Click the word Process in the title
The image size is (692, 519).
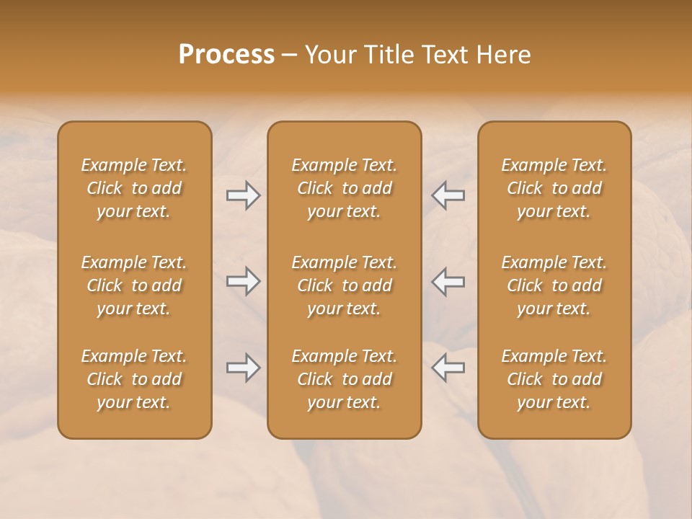click(x=226, y=55)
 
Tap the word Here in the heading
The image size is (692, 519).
click(x=503, y=55)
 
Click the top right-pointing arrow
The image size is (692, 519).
click(x=243, y=195)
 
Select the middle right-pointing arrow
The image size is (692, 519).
click(x=243, y=281)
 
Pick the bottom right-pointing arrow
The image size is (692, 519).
click(x=243, y=368)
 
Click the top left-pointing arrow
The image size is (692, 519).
click(x=448, y=195)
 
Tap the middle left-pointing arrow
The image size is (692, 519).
click(x=448, y=281)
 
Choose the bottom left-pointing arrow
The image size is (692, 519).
click(x=448, y=368)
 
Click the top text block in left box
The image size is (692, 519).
click(x=134, y=188)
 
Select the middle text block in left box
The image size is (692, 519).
click(x=134, y=285)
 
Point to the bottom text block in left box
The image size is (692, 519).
click(x=134, y=379)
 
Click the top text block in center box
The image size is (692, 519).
click(x=345, y=188)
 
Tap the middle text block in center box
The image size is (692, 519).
click(x=345, y=285)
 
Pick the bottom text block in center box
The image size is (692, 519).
click(x=345, y=379)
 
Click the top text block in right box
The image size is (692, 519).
click(x=554, y=188)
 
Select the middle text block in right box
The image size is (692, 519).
click(x=554, y=285)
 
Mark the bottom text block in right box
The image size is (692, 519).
click(x=554, y=379)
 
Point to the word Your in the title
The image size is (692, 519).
click(x=328, y=55)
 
